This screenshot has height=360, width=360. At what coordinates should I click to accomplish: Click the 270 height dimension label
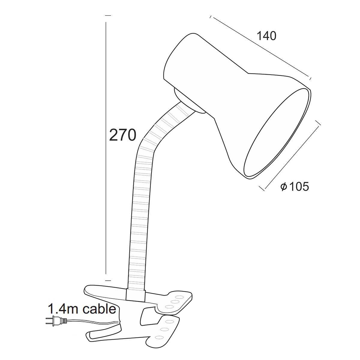tap(123, 135)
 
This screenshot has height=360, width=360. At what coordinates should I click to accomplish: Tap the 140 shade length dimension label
tap(267, 36)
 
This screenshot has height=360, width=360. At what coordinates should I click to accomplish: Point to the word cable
tap(100, 309)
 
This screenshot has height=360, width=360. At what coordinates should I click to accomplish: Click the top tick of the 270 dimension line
tap(108, 16)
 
